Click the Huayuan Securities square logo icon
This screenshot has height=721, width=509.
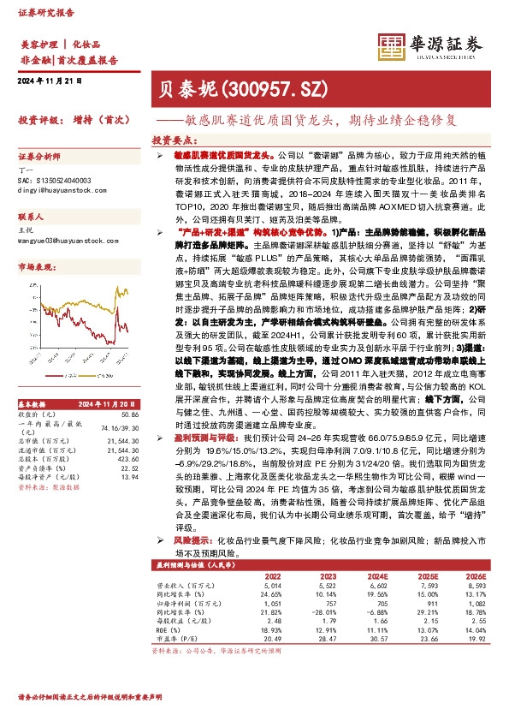(x=394, y=45)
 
